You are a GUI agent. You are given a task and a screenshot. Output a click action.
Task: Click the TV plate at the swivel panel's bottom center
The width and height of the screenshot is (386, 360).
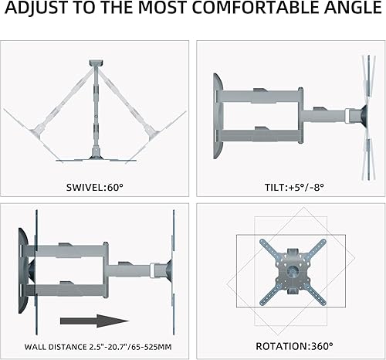click(x=96, y=159)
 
